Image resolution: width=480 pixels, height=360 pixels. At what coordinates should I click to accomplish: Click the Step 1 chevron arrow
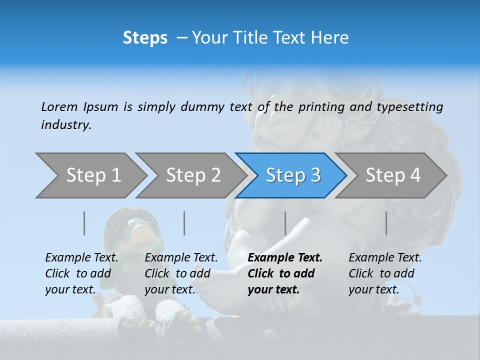point(93,175)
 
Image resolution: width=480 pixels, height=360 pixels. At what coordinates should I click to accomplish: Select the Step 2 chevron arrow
point(193,175)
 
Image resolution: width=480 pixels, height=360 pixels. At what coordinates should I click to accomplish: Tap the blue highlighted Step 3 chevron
point(293,175)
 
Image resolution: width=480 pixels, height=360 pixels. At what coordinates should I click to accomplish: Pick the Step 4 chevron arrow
point(393,175)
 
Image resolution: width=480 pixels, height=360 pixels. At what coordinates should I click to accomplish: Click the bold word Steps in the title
point(145,38)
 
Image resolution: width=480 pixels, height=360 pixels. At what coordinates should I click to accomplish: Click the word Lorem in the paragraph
point(59,107)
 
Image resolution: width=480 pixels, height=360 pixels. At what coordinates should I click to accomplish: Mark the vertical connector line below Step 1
point(84,223)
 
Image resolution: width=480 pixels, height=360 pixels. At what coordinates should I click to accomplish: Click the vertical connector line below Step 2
point(184,223)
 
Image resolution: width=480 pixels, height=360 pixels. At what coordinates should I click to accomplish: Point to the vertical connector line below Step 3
point(285,223)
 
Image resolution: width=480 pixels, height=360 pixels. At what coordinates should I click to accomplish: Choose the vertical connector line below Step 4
point(386,223)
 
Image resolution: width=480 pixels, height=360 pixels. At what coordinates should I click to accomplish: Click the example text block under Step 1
point(81,273)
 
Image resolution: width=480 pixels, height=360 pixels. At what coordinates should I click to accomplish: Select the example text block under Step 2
point(180,273)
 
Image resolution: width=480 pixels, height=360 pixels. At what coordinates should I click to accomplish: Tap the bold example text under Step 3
point(284,273)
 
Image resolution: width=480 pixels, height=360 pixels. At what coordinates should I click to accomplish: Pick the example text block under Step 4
point(384,273)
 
